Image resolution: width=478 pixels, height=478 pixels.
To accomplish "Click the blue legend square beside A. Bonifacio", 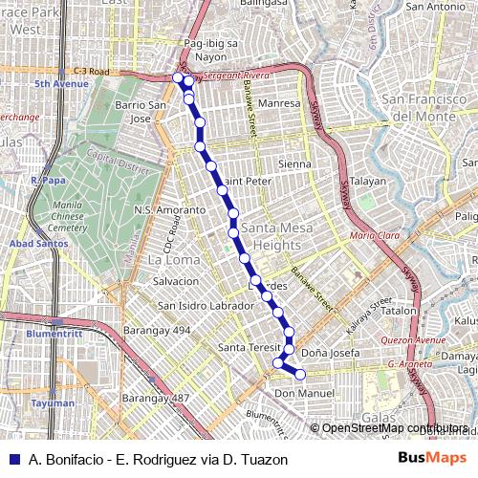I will [x=13, y=460].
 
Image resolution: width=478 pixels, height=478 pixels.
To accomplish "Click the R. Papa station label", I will [x=48, y=180].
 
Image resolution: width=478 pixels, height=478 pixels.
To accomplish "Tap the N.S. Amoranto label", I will [x=169, y=209].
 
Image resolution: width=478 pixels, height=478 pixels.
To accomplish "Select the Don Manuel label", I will [x=304, y=393].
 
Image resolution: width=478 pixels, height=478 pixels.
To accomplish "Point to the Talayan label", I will [x=368, y=181].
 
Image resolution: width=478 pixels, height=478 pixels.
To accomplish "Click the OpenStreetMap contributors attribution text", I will [x=395, y=427].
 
